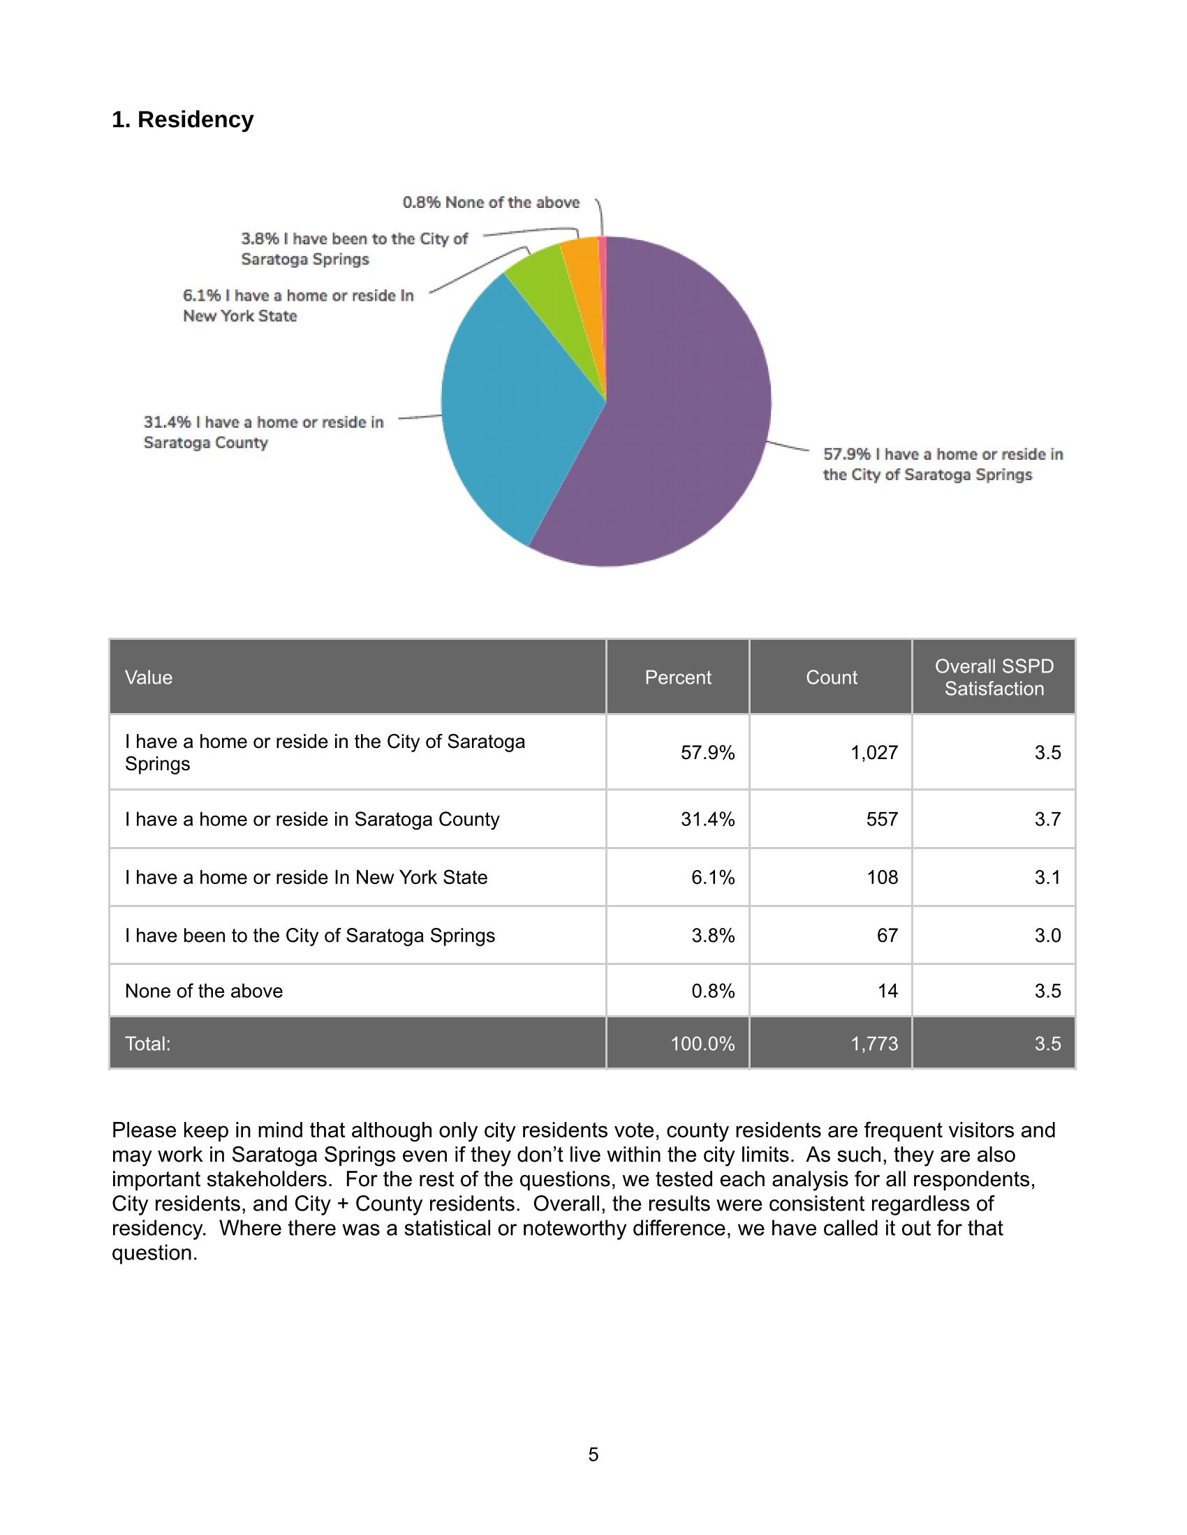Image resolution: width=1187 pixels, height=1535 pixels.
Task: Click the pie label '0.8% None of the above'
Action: tap(491, 202)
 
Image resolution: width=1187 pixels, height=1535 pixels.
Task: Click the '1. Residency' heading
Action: tap(182, 119)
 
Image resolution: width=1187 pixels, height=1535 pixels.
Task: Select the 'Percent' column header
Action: tap(678, 677)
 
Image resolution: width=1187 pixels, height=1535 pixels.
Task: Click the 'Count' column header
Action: tap(831, 677)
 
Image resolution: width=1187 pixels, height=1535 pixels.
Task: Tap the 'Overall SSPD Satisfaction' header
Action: tap(994, 677)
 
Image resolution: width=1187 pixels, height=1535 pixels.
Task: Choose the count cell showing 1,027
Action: tap(874, 753)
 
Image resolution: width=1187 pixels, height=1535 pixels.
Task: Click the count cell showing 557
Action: tap(882, 820)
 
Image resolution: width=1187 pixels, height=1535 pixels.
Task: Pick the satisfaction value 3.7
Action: tap(1047, 820)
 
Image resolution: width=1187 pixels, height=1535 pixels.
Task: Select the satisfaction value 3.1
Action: tap(1047, 878)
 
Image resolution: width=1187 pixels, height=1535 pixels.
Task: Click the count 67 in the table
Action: tap(887, 936)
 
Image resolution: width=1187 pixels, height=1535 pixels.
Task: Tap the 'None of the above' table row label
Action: tap(204, 991)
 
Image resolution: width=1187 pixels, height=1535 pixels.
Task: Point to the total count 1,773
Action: tap(874, 1044)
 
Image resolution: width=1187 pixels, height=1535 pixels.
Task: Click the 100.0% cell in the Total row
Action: tap(702, 1044)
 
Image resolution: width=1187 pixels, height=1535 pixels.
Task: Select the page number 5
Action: tap(593, 1455)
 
